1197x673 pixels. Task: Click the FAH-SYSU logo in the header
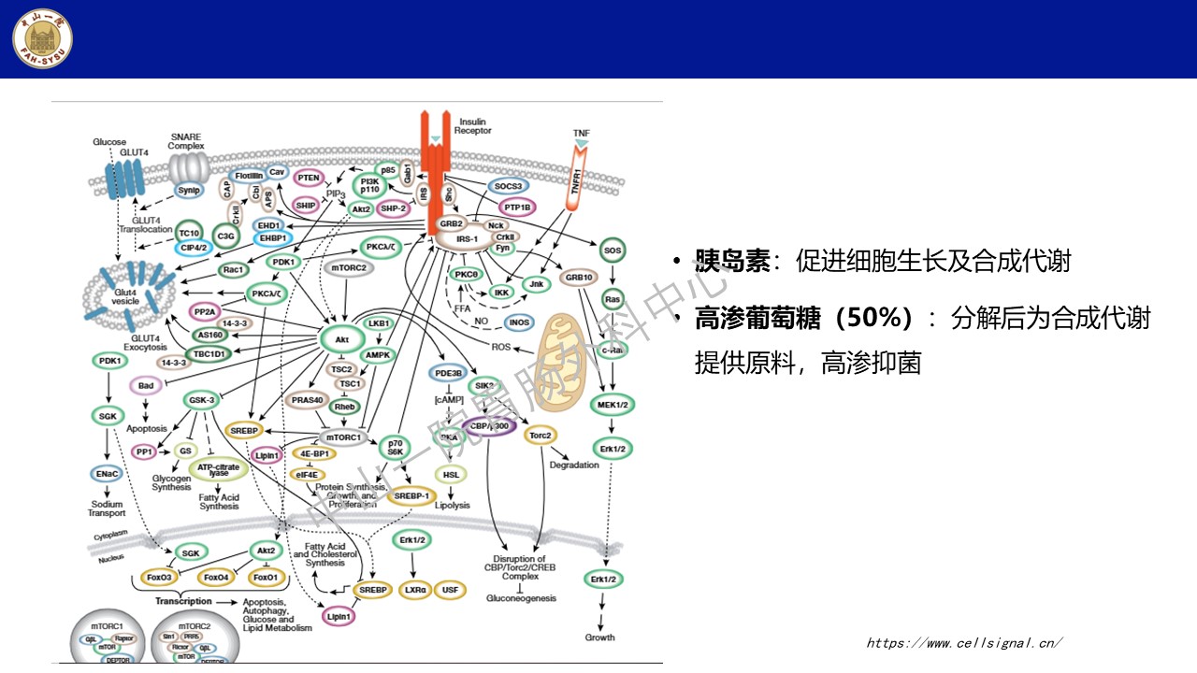(42, 38)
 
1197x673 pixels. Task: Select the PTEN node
(309, 178)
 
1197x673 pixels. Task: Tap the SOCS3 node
(509, 187)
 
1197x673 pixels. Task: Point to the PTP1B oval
(516, 208)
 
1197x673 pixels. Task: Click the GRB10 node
(580, 278)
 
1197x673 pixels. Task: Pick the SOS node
(613, 251)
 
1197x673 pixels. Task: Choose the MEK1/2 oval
(613, 404)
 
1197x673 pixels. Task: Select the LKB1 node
(379, 322)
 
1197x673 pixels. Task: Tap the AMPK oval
(378, 355)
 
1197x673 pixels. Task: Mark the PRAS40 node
(307, 400)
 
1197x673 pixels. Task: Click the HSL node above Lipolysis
(452, 474)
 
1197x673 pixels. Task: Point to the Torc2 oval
(541, 436)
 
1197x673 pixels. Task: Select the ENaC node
(107, 474)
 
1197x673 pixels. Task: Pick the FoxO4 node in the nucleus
(216, 577)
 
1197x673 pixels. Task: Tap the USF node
(451, 590)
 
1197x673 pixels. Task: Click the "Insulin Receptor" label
(472, 126)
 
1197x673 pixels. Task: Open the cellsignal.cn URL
(964, 642)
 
